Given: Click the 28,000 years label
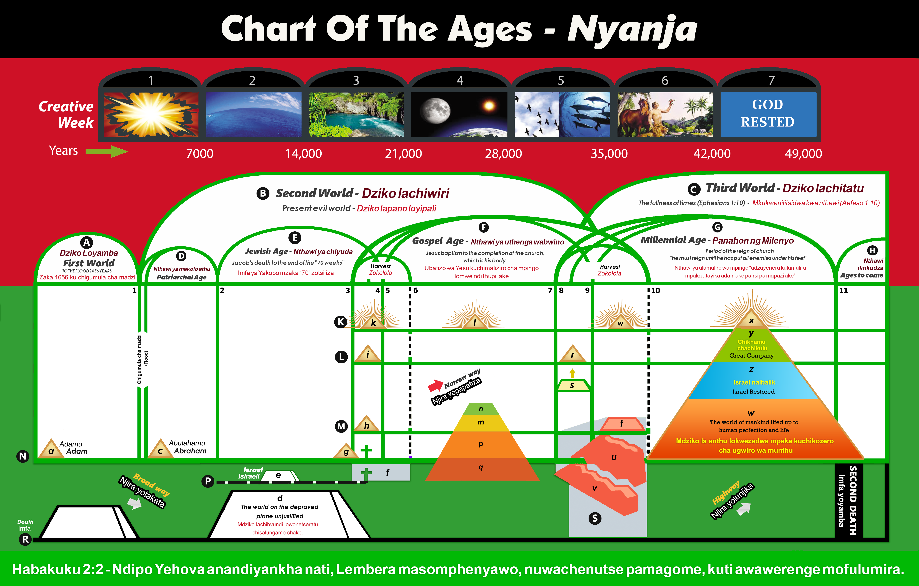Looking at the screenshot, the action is (503, 154).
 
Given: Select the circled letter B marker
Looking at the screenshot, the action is (263, 193).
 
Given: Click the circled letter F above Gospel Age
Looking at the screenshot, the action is (484, 227).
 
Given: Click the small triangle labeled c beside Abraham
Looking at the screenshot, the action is (160, 449).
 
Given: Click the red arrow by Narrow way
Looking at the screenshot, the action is (435, 386).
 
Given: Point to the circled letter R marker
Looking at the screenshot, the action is (25, 539).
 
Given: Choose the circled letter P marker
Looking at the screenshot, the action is (208, 481).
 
